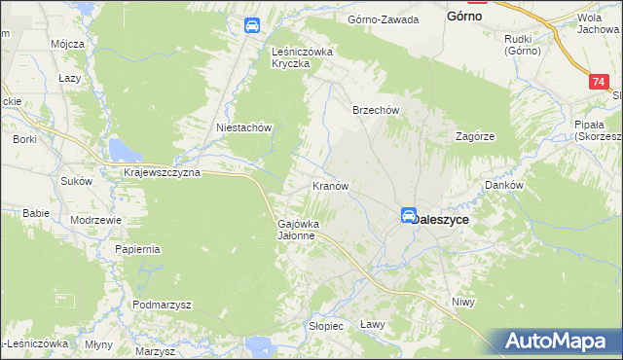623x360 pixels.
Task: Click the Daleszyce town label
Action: coord(442,220)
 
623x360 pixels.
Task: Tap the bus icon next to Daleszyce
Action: coord(409,216)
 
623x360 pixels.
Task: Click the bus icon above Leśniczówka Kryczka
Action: coord(251,26)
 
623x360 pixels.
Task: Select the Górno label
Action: coord(466,17)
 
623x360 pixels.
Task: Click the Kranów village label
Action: coord(330,185)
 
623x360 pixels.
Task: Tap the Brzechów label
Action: coord(376,111)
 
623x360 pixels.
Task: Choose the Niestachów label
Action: coord(242,127)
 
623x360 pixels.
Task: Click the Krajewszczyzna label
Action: coord(162,172)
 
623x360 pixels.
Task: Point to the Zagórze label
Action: coord(477,137)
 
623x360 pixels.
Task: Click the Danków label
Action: coord(504,185)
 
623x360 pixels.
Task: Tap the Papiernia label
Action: coord(137,249)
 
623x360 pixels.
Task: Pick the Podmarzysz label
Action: coord(162,305)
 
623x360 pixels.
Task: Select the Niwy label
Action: coord(463,303)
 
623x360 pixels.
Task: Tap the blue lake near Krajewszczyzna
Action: coord(123,149)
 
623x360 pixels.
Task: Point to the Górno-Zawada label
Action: coord(384,19)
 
